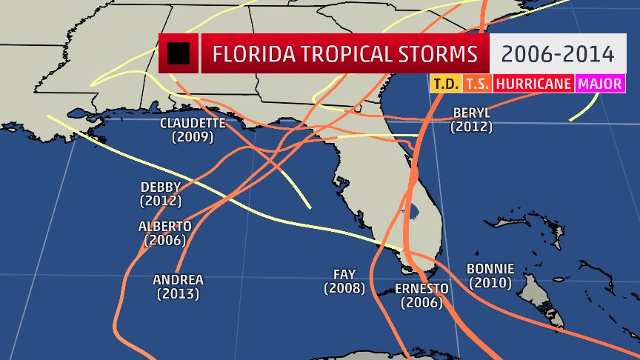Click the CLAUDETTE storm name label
[192, 123]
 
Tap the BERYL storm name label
[471, 113]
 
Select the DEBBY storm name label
[161, 187]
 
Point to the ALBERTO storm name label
[165, 226]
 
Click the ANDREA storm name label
[178, 280]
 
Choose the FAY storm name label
[344, 275]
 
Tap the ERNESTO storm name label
[421, 288]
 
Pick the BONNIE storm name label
[490, 268]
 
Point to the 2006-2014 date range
[556, 54]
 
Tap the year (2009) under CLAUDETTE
[192, 137]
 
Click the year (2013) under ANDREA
[178, 294]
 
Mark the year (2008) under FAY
[344, 289]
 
